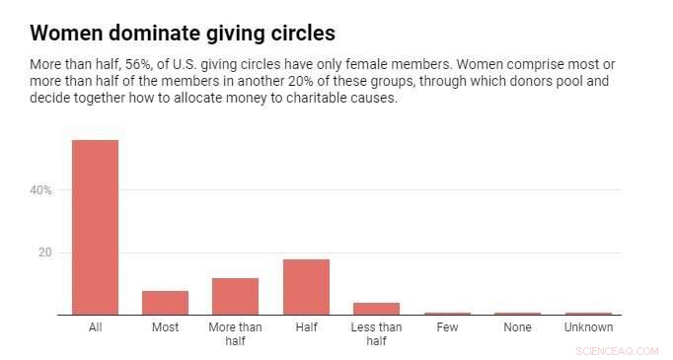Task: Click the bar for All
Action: (x=95, y=227)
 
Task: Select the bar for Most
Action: (x=165, y=303)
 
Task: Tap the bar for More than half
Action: (x=235, y=296)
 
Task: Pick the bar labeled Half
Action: (x=306, y=287)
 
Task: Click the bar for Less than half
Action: (x=376, y=309)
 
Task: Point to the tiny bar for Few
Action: (x=447, y=314)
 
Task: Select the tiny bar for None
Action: (x=517, y=314)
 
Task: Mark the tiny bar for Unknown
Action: (x=588, y=314)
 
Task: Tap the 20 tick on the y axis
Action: (x=44, y=252)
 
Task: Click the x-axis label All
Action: (x=95, y=327)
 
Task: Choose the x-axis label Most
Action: (x=165, y=327)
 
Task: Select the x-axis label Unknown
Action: (x=588, y=327)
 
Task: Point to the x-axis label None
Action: (x=517, y=327)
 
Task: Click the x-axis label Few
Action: (x=447, y=327)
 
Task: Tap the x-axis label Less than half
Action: (x=376, y=333)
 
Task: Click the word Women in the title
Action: (x=68, y=33)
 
